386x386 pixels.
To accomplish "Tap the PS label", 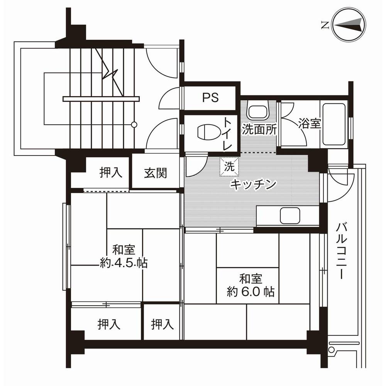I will point(210,98).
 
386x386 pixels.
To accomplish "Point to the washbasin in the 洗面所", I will point(258,112).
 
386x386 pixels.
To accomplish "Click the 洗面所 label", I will point(259,130).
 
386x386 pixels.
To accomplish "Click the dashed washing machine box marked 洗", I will point(230,167).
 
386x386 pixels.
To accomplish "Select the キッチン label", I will point(253,185).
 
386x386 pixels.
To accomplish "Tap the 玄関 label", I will point(156,173).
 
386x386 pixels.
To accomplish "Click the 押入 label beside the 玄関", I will point(111,173).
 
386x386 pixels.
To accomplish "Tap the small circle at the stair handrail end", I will point(134,124).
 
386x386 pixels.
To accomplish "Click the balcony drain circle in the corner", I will point(331,350).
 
